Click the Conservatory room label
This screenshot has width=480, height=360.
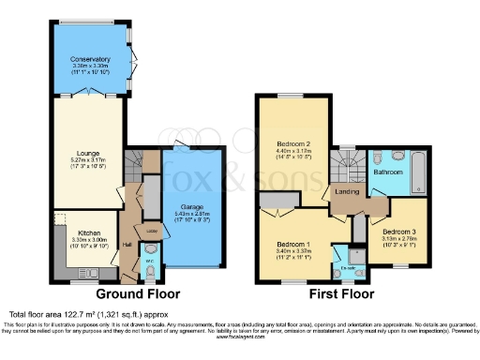pyautogui.click(x=90, y=59)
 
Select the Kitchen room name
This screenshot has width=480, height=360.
pyautogui.click(x=89, y=231)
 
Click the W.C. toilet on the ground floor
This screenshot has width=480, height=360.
pyautogui.click(x=152, y=271)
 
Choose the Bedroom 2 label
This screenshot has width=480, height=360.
pyautogui.click(x=292, y=145)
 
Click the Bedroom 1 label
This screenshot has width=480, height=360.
pyautogui.click(x=292, y=243)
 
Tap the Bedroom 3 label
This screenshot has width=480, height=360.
pyautogui.click(x=399, y=230)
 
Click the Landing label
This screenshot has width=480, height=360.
pyautogui.click(x=344, y=193)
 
